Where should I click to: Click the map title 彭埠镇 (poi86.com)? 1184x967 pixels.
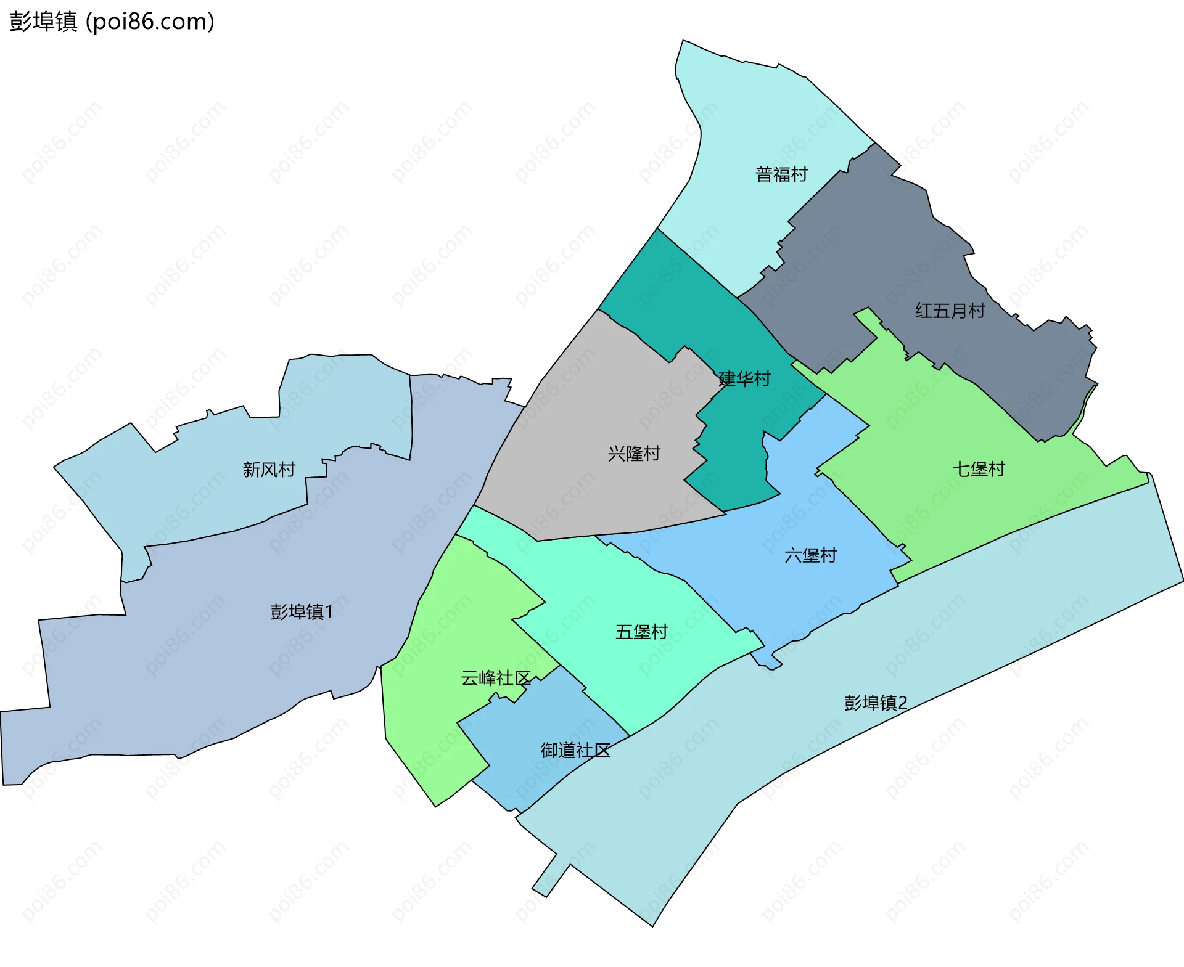(112, 22)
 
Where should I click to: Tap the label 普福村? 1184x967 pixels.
(781, 174)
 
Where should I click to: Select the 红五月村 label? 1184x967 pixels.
(950, 311)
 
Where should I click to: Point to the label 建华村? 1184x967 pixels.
(745, 378)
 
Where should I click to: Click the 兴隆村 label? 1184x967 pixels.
(634, 454)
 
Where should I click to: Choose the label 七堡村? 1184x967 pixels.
(979, 469)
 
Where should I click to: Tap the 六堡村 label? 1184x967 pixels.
(810, 555)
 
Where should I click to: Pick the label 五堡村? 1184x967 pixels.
(641, 632)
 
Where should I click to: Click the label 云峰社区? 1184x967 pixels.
(496, 678)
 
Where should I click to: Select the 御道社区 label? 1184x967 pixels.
(575, 750)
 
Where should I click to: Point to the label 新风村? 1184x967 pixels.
(269, 470)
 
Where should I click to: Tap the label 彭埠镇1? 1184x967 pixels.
(302, 611)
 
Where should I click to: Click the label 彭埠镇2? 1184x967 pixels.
(876, 703)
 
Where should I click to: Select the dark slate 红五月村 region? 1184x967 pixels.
(876, 247)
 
